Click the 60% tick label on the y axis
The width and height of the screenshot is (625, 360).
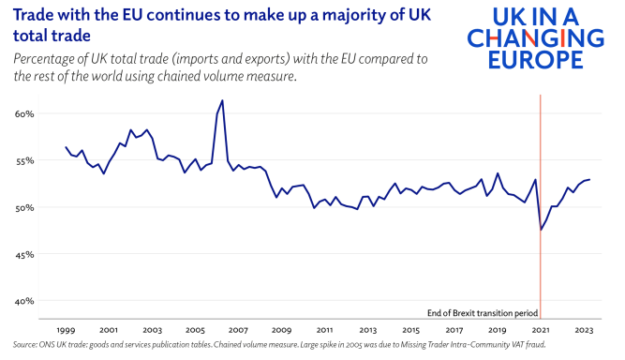(24, 114)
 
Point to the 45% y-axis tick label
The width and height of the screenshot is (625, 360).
(24, 254)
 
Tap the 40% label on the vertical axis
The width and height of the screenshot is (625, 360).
(24, 301)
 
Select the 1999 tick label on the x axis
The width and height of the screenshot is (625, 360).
(66, 330)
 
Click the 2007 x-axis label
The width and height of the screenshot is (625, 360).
(238, 330)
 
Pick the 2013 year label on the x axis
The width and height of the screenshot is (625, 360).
(368, 330)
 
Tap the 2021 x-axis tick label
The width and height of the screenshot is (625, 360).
(541, 330)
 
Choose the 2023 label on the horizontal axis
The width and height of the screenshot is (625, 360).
(584, 330)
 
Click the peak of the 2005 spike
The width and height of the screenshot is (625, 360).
(222, 100)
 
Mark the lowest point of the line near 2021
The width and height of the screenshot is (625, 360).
(541, 230)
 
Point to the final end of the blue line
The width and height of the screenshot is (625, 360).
(589, 179)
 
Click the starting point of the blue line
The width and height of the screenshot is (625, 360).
(66, 147)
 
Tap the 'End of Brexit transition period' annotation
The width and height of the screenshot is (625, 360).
(483, 313)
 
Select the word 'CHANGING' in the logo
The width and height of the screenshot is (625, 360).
(535, 38)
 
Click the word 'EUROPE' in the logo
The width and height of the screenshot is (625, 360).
(535, 60)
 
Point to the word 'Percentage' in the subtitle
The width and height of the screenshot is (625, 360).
(43, 59)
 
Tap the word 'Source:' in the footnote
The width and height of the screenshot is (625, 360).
(24, 344)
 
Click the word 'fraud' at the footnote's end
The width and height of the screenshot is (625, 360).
(537, 344)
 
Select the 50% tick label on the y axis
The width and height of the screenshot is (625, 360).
(24, 208)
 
